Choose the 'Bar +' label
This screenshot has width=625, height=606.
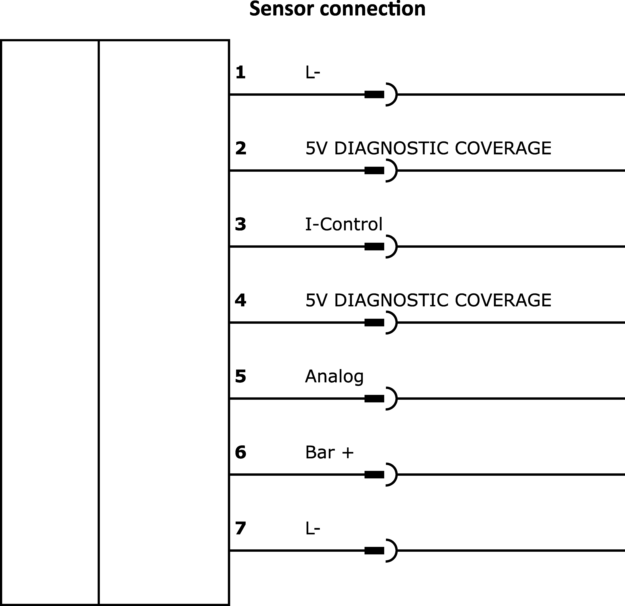(329, 452)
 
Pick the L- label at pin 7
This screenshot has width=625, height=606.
(312, 528)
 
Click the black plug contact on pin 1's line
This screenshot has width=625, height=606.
(374, 94)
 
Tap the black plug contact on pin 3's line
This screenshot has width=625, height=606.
(374, 246)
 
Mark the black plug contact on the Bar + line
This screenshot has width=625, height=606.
(374, 474)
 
